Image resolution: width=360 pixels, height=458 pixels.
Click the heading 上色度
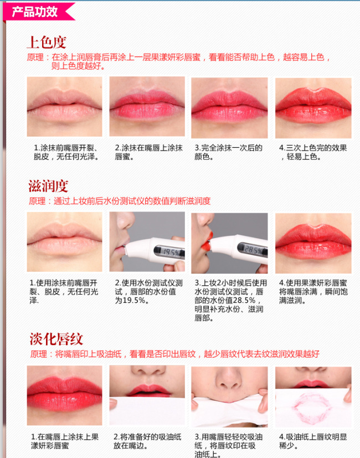[x=47, y=42]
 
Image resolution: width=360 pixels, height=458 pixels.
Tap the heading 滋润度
[x=48, y=186]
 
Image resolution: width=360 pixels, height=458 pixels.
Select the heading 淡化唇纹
[x=56, y=339]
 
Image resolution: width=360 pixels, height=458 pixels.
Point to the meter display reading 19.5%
[x=169, y=252]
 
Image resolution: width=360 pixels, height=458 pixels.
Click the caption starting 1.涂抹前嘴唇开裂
[x=66, y=152]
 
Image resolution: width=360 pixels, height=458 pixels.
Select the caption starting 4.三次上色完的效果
[x=313, y=152]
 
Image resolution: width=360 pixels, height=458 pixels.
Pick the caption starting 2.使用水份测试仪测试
[x=149, y=291]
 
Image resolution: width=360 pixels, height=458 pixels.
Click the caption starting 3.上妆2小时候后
[x=230, y=300]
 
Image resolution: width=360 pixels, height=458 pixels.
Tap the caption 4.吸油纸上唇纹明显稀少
[x=313, y=441]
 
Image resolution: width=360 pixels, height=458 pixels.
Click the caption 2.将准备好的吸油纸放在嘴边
[x=147, y=441]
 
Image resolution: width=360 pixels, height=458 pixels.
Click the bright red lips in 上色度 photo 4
[x=313, y=106]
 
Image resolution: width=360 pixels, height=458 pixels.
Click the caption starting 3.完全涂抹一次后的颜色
[x=229, y=152]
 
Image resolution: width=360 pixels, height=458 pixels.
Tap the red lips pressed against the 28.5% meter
[x=207, y=241]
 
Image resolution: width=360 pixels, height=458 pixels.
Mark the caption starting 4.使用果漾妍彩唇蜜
[x=313, y=291]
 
